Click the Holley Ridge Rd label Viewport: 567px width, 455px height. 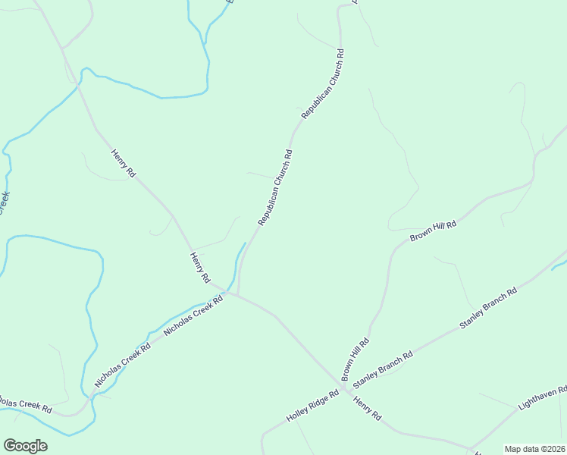click(312, 406)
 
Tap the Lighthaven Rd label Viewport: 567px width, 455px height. click(543, 399)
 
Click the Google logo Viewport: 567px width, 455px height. click(25, 446)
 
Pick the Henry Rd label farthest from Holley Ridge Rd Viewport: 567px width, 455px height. click(123, 163)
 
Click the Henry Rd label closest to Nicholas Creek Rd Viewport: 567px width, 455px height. click(200, 268)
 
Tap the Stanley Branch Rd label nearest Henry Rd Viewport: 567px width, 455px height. click(383, 366)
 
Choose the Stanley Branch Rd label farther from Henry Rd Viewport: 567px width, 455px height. click(487, 308)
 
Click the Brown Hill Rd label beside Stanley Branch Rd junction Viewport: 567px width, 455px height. click(355, 359)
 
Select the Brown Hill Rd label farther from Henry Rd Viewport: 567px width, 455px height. click(433, 232)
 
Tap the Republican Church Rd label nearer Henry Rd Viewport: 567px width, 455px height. click(274, 187)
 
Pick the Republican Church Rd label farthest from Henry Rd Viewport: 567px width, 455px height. click(323, 83)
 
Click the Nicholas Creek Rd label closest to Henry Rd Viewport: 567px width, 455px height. click(193, 316)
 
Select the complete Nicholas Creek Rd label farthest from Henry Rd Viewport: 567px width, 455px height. click(123, 366)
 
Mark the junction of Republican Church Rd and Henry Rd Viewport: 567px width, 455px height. click(237, 295)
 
